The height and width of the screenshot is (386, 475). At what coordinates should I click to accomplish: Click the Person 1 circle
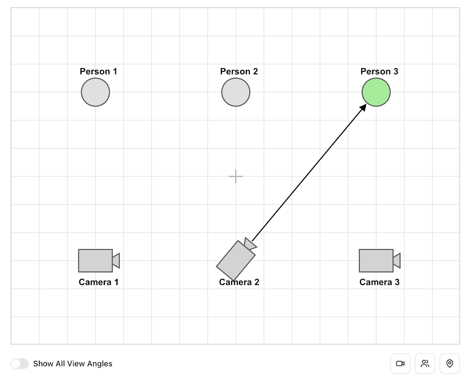click(95, 92)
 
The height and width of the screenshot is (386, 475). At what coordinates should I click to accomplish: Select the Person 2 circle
click(236, 92)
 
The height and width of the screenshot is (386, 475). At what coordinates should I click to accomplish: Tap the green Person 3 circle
click(376, 92)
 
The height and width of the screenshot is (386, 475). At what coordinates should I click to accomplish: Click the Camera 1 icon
click(96, 261)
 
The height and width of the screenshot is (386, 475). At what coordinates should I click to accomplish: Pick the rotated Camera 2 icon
click(236, 260)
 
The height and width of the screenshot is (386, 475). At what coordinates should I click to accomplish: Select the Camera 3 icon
click(376, 261)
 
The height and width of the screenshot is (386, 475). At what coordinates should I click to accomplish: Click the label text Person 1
click(98, 71)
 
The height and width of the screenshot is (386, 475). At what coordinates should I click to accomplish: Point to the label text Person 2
click(239, 71)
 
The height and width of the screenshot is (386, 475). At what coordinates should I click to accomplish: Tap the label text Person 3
click(379, 71)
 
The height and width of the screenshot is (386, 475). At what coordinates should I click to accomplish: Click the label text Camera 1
click(98, 282)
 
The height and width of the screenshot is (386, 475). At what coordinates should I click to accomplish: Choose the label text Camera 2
click(239, 282)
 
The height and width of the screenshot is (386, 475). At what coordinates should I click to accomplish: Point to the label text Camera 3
click(379, 282)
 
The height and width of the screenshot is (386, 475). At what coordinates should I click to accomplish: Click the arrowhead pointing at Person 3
click(362, 108)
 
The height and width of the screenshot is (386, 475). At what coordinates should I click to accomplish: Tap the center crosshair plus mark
click(236, 176)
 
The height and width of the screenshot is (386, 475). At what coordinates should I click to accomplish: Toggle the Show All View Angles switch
click(20, 364)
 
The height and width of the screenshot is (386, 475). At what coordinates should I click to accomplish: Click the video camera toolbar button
click(400, 364)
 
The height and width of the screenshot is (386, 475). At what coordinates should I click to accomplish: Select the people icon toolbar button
click(425, 364)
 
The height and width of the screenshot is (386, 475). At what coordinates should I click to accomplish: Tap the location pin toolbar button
click(450, 364)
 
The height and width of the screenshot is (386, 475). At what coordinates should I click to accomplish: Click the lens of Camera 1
click(116, 261)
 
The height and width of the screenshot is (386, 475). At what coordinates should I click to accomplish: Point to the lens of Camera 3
click(397, 261)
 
